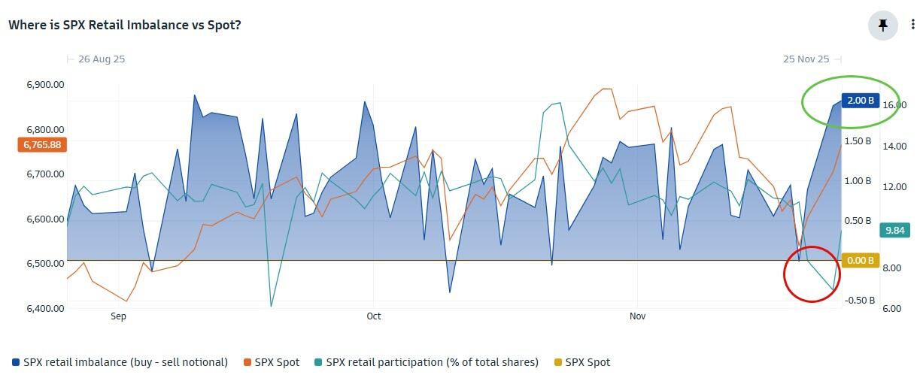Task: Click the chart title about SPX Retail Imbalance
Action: (x=124, y=25)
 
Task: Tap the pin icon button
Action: (x=883, y=25)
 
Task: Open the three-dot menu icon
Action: (x=913, y=25)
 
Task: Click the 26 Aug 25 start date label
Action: (x=101, y=59)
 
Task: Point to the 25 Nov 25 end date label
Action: (x=806, y=59)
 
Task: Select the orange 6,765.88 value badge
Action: (x=42, y=144)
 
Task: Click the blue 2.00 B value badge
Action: (x=860, y=101)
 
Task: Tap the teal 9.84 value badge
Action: (x=894, y=231)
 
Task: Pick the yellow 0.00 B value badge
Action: (x=860, y=261)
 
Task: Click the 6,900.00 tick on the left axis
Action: (x=45, y=85)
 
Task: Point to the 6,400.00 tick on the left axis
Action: (x=45, y=308)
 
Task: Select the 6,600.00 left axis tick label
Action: (x=45, y=219)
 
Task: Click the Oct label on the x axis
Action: (x=373, y=316)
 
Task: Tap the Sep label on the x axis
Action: (x=118, y=316)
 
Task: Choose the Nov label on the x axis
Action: (x=637, y=316)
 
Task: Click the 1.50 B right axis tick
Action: (x=858, y=141)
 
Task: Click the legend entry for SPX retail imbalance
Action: (x=120, y=362)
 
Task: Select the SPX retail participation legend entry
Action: (x=427, y=362)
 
